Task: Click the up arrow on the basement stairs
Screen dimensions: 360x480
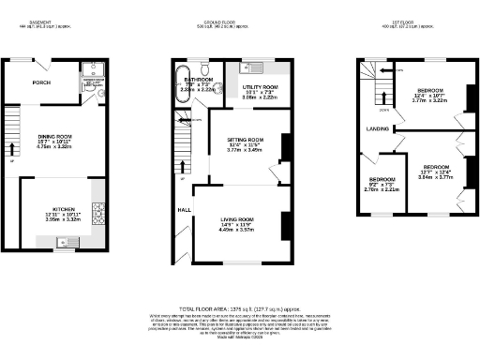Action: point(12,148)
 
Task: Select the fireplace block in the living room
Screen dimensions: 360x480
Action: point(282,226)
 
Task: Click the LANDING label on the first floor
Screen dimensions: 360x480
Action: point(378,128)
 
